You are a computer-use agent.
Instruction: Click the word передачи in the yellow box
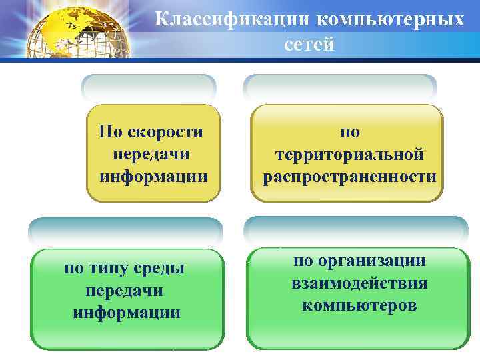coord(151,154)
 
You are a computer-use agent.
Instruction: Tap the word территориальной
coord(349,154)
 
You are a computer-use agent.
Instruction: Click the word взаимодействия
coord(359,283)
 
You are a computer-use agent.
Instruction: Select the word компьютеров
coord(359,305)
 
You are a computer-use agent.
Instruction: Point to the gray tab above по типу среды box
coord(125,231)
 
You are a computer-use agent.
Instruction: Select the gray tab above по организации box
coord(355,230)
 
